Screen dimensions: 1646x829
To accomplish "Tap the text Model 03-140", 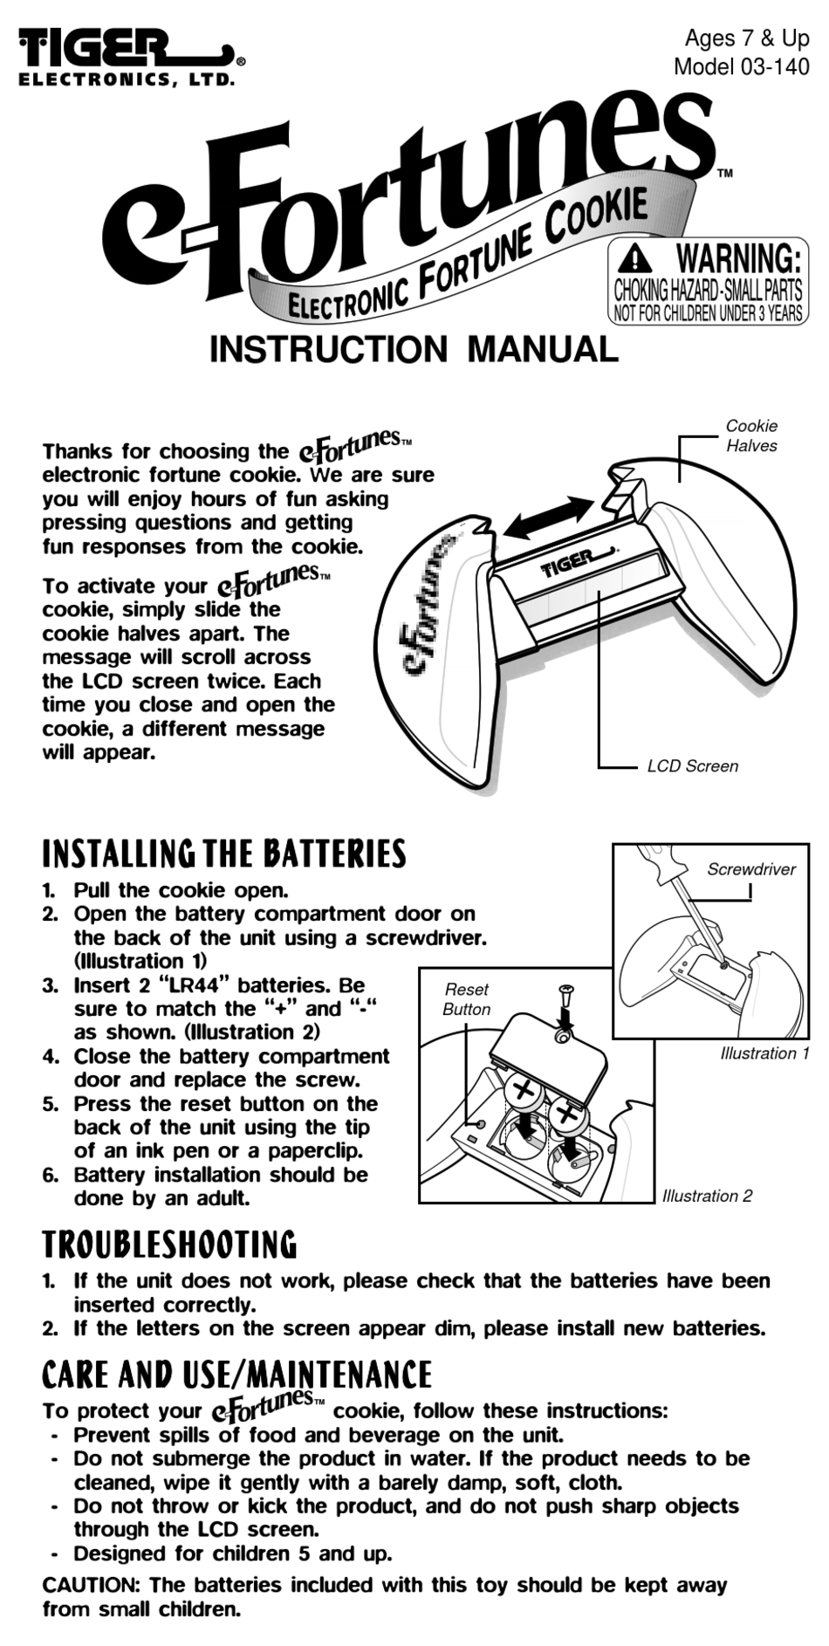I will tap(741, 66).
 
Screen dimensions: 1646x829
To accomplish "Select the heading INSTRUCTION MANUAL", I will tap(414, 350).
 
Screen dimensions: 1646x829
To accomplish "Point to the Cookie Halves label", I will tap(750, 436).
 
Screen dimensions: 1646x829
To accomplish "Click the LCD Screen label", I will tap(692, 766).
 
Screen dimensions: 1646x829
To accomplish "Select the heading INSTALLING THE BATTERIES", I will tap(224, 854).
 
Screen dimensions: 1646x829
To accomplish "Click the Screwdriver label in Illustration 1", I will tap(750, 869).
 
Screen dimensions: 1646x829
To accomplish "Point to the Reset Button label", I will tap(466, 999).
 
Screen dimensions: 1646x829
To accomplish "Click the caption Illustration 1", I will tap(764, 1053).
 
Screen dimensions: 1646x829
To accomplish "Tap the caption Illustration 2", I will tap(707, 1196).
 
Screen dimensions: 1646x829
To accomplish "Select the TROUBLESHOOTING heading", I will tap(169, 1245).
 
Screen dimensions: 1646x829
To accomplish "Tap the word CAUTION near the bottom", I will tap(91, 1584).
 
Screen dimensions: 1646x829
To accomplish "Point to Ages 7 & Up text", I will tap(746, 38).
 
